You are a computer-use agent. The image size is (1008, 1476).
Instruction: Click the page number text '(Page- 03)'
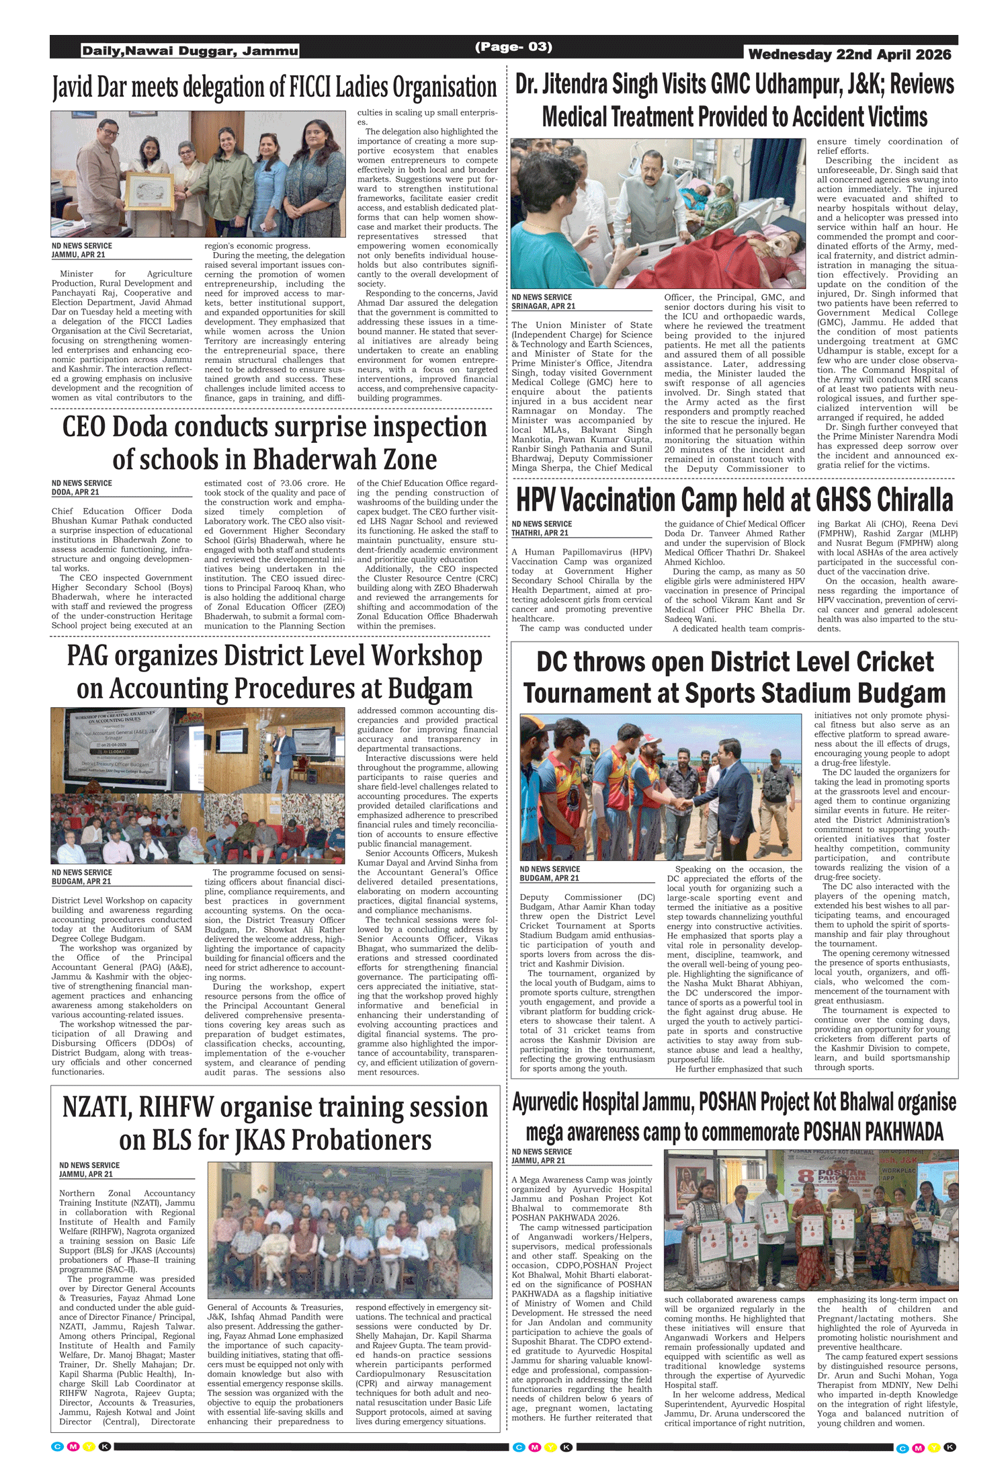[x=513, y=47]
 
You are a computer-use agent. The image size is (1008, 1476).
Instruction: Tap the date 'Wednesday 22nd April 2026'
[x=849, y=54]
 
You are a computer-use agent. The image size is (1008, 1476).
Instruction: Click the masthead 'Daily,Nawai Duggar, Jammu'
[x=190, y=51]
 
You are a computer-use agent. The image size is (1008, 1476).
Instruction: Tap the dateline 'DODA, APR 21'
[x=75, y=492]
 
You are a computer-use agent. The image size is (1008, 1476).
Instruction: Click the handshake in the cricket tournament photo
[x=685, y=803]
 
